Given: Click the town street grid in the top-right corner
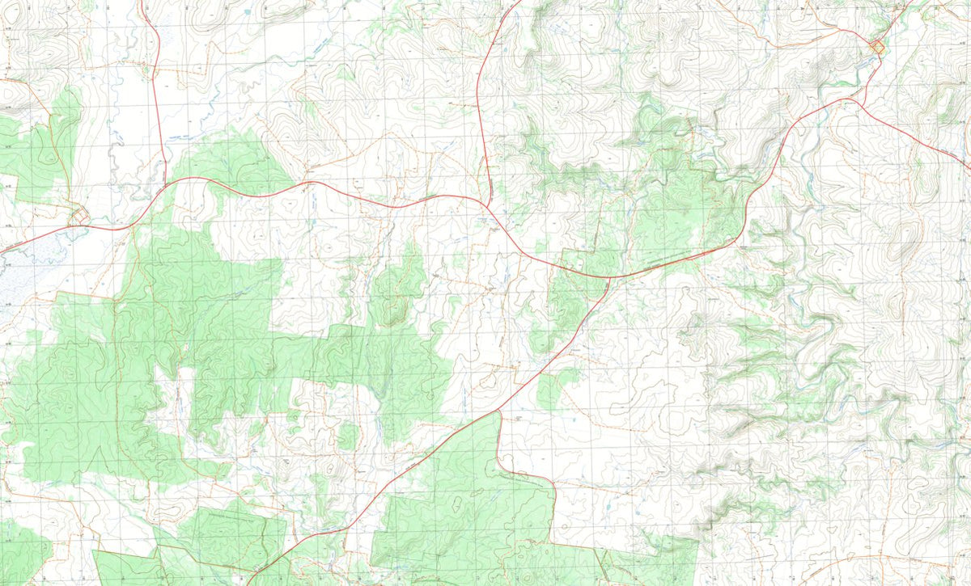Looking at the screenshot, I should (x=876, y=47).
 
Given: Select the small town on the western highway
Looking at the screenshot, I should (x=79, y=217).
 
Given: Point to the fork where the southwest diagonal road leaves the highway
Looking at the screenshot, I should (x=608, y=278).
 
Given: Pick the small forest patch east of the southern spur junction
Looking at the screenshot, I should (x=550, y=390).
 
